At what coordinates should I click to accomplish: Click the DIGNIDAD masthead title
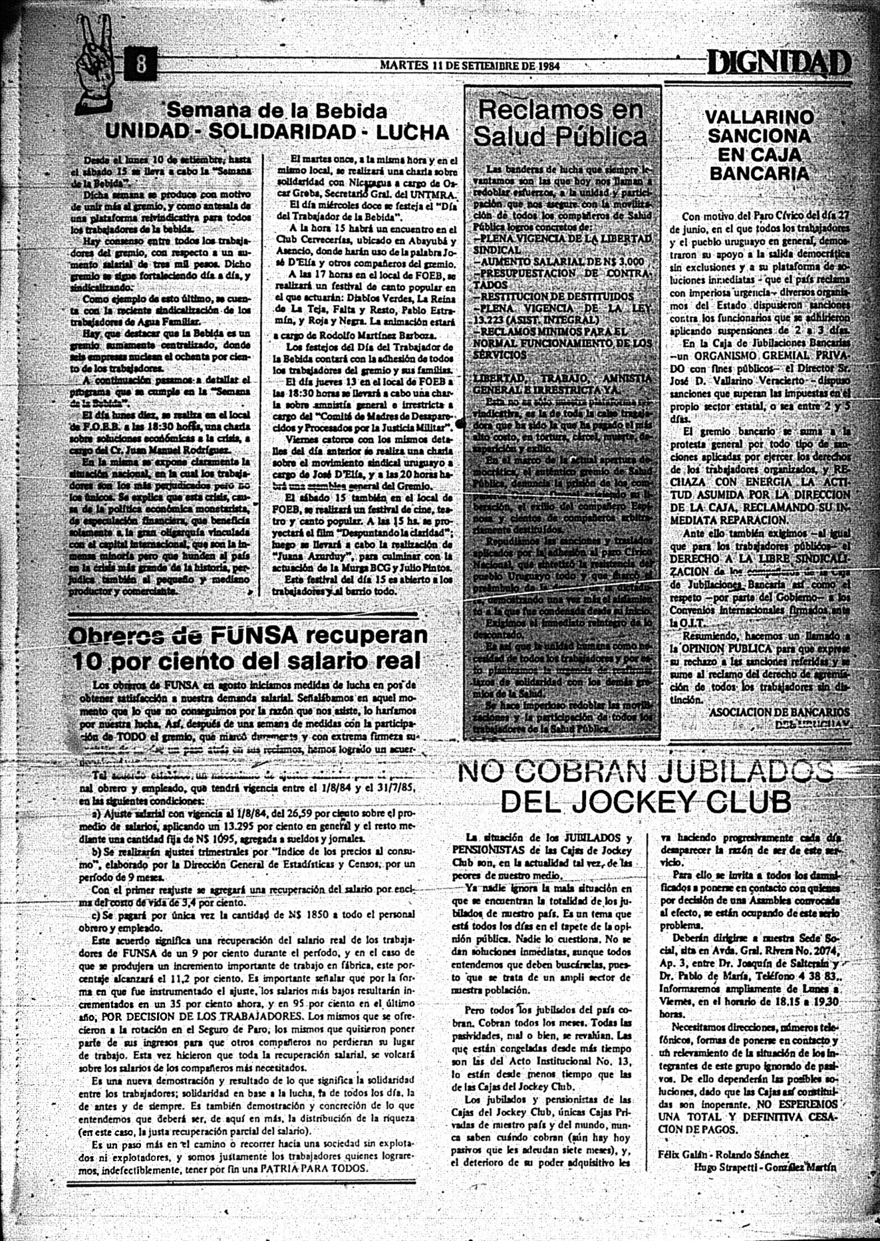(x=778, y=65)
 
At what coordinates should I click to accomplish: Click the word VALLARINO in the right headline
(x=759, y=117)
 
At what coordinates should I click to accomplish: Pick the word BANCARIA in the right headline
(x=759, y=174)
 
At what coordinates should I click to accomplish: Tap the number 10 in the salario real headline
(x=88, y=661)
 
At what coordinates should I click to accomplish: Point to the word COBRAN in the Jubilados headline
(x=585, y=772)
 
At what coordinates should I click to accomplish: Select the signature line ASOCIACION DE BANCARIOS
(x=780, y=712)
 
